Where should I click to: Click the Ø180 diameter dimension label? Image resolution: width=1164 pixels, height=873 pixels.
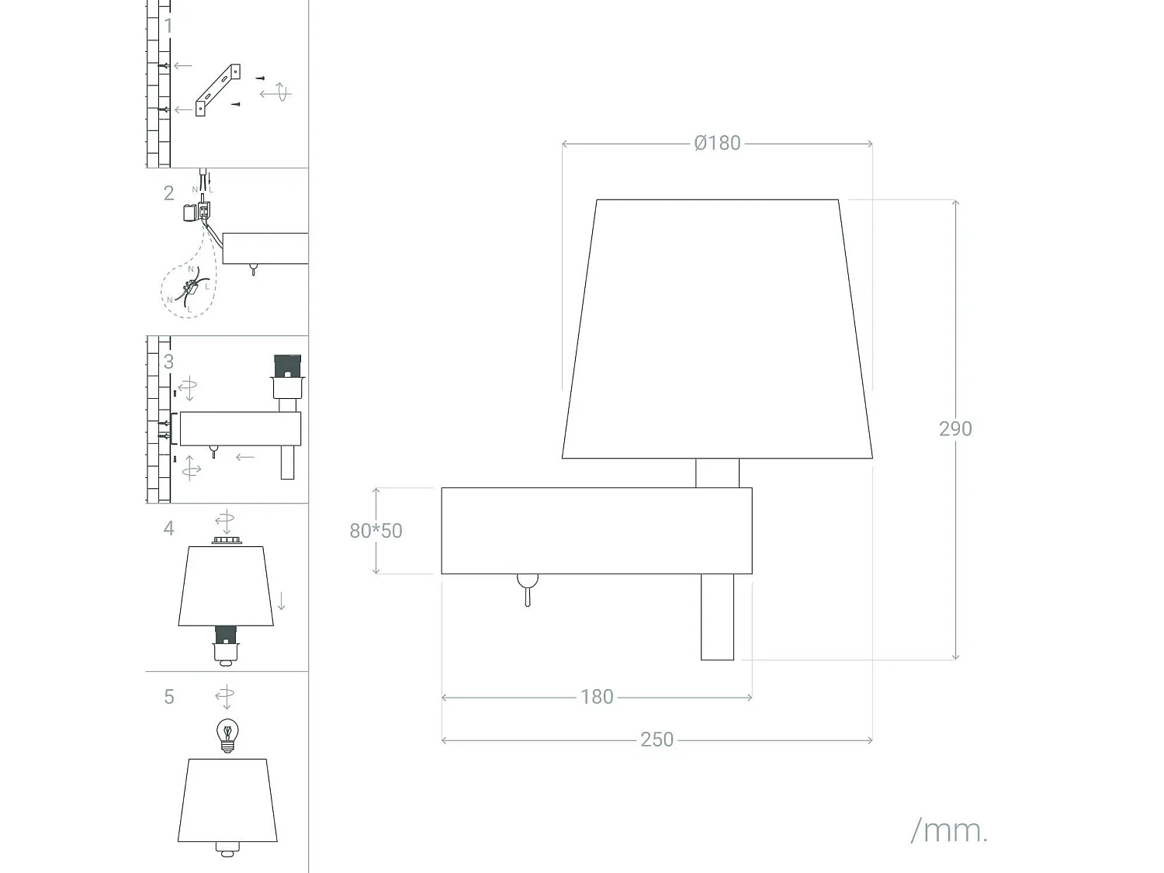click(x=717, y=144)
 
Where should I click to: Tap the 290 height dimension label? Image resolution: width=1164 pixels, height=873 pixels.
click(x=954, y=429)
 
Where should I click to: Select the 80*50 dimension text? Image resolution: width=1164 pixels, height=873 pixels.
click(x=376, y=531)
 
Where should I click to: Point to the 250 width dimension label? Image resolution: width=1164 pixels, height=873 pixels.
click(x=656, y=740)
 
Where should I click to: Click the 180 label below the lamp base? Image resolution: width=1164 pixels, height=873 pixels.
click(x=597, y=697)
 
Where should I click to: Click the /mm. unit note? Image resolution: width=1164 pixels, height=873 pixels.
click(x=948, y=830)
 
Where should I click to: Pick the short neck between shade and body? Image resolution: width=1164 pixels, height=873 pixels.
click(x=717, y=473)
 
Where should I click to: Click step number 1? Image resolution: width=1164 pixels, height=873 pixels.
click(x=168, y=26)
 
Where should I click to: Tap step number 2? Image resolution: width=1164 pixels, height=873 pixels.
click(x=168, y=193)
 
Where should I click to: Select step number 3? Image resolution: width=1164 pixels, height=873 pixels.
click(x=168, y=362)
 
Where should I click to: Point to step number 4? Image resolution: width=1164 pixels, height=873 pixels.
click(x=168, y=528)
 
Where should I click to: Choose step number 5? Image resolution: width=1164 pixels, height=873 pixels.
click(x=168, y=697)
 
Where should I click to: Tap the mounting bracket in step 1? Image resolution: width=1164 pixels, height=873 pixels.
click(x=217, y=89)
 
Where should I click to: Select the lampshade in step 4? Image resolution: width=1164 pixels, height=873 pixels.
click(x=225, y=586)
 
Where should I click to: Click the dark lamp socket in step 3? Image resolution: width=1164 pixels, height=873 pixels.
click(x=287, y=365)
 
